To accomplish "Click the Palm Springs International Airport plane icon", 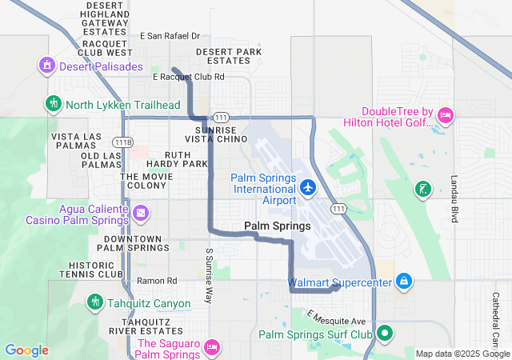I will [309, 187].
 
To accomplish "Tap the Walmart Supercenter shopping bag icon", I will [404, 281].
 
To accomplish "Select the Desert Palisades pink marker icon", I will [46, 65].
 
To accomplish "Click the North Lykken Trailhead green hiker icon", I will [54, 103].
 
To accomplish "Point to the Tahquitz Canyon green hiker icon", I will [94, 302].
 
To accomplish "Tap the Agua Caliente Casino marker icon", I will [141, 212].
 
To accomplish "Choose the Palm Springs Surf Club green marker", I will [385, 333].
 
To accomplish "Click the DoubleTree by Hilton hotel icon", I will [446, 116].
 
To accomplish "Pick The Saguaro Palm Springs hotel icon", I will [212, 346].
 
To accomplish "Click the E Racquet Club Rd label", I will [188, 77].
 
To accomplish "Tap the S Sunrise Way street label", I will [210, 274].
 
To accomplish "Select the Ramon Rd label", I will [157, 281].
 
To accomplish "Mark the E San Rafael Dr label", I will [170, 36].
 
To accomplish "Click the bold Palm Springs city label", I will [277, 226].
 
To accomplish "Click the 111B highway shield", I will [122, 142].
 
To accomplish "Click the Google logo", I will [26, 350].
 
